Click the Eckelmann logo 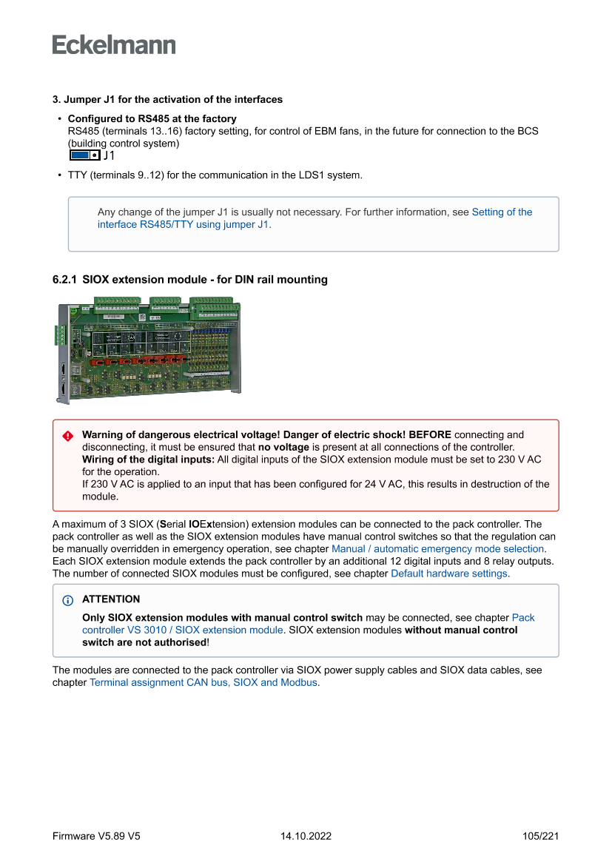pyautogui.click(x=114, y=45)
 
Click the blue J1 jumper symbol pyautogui.click(x=84, y=155)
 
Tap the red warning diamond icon pyautogui.click(x=68, y=436)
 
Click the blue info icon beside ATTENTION pyautogui.click(x=68, y=600)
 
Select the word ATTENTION pyautogui.click(x=111, y=599)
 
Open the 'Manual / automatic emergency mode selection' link pyautogui.click(x=437, y=549)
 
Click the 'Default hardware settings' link pyautogui.click(x=448, y=573)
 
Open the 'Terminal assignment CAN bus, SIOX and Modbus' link pyautogui.click(x=204, y=682)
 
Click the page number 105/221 pyautogui.click(x=540, y=836)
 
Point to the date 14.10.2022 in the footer pyautogui.click(x=306, y=836)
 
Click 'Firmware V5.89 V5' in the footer pyautogui.click(x=96, y=836)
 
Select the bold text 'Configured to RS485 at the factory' pyautogui.click(x=152, y=118)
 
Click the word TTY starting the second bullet pyautogui.click(x=77, y=175)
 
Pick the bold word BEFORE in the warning pyautogui.click(x=430, y=434)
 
